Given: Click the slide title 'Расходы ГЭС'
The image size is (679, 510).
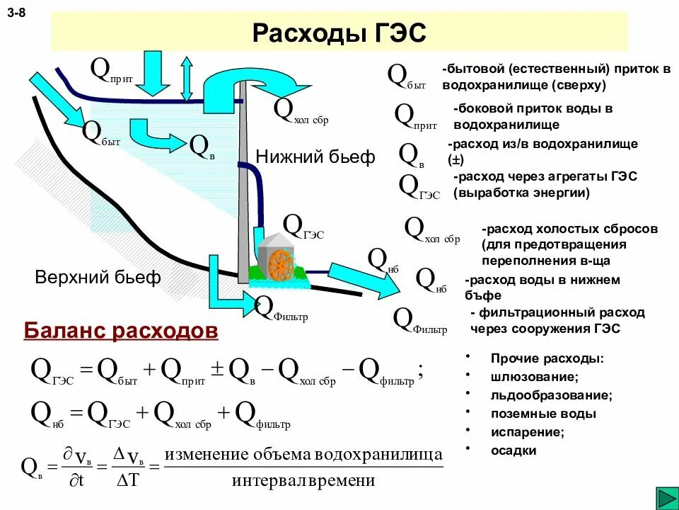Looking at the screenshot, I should point(339,33).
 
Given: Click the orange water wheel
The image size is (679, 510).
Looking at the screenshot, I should point(279,263).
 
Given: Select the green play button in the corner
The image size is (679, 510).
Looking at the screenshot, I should point(666,498).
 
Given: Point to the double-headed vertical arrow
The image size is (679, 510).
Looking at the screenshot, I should point(187,78).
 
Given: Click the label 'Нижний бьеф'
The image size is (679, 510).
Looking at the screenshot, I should point(315,157).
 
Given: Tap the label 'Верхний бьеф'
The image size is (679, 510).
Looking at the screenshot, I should point(98,277).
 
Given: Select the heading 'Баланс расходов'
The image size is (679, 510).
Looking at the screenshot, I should point(121,331).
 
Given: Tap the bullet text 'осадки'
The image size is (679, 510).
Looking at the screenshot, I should point(513,450).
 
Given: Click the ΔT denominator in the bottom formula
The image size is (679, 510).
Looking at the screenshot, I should point(131,482).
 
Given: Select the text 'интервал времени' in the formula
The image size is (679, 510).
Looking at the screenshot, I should point(303,481).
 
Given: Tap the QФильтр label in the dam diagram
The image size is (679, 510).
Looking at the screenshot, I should point(281,309).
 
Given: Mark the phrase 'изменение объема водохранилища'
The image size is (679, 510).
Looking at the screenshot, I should point(304,454).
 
